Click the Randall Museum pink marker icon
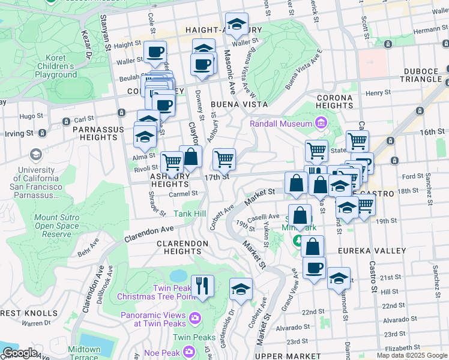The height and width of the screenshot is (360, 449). tap(321, 124)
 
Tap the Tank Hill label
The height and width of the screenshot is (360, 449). tap(190, 214)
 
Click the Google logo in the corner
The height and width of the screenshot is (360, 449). tap(20, 352)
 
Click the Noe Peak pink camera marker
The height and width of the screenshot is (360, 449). tap(189, 351)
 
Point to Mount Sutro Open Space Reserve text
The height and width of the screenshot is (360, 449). tap(56, 226)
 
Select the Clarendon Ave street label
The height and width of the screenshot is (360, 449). tap(149, 234)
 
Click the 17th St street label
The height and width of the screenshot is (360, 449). tap(217, 177)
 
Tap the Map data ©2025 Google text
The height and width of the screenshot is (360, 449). tap(411, 355)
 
